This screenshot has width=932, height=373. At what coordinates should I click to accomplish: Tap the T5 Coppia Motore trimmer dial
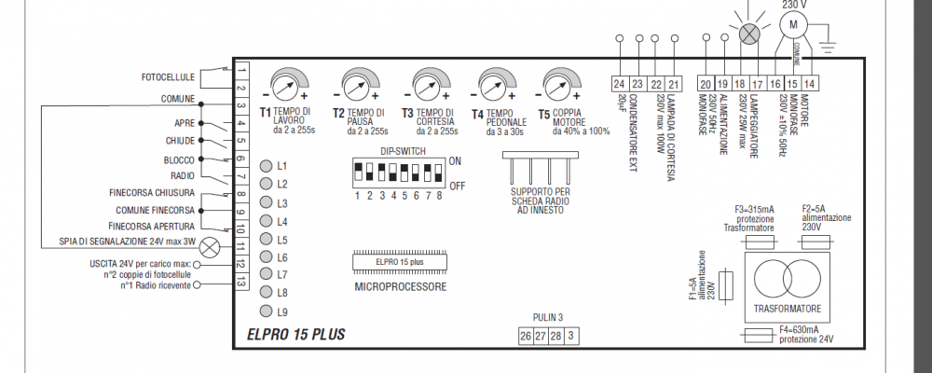[x=556, y=87]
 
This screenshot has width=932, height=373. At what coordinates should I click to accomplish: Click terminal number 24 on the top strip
[x=620, y=84]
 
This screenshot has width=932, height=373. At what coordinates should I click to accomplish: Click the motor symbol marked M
[x=795, y=22]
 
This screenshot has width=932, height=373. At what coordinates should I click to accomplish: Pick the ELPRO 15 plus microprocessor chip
[x=400, y=261]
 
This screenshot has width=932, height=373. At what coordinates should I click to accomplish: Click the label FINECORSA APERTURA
[x=151, y=227]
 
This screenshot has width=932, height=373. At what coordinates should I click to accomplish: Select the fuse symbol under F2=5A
[x=817, y=241]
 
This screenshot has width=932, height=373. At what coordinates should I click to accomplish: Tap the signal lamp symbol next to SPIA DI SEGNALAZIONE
[x=211, y=246]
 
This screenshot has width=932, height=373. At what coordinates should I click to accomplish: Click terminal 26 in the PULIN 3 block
[x=526, y=335]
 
